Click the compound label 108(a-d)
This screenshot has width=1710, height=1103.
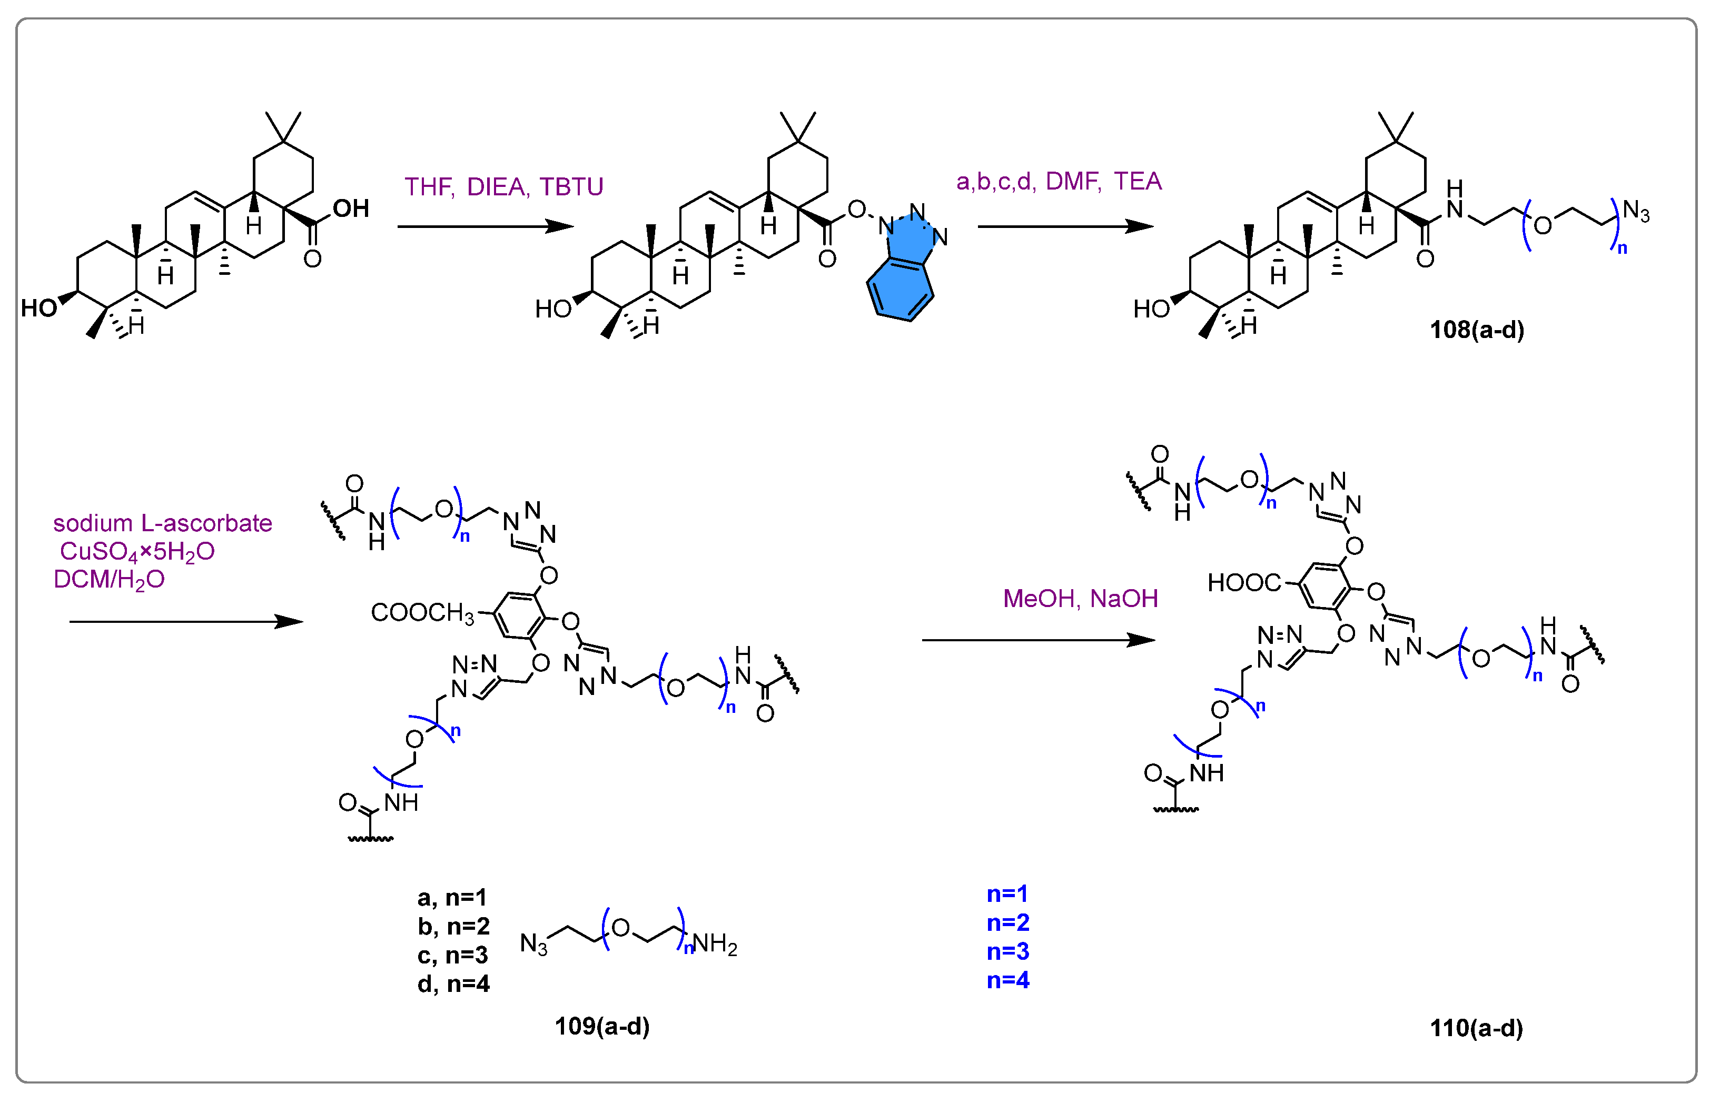[x=1477, y=330]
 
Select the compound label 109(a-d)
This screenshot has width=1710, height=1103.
[x=602, y=1026]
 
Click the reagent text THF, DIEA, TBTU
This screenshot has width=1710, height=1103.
[x=503, y=187]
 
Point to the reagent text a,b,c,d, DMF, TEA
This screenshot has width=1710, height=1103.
[x=1058, y=181]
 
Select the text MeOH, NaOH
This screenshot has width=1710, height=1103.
[x=1080, y=598]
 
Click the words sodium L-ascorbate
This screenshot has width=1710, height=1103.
[x=163, y=523]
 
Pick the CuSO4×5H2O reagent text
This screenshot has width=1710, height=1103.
[x=137, y=552]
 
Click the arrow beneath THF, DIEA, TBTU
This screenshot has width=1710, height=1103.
[x=485, y=227]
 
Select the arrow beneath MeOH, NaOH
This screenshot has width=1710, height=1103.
[x=1038, y=640]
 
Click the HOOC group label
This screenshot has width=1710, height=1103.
[x=1243, y=583]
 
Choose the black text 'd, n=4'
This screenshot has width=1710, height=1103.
[x=453, y=984]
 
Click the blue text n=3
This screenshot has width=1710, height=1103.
[x=1007, y=951]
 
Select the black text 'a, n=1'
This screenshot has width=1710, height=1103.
[x=452, y=898]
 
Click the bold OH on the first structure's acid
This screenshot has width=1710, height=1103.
[x=351, y=209]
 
